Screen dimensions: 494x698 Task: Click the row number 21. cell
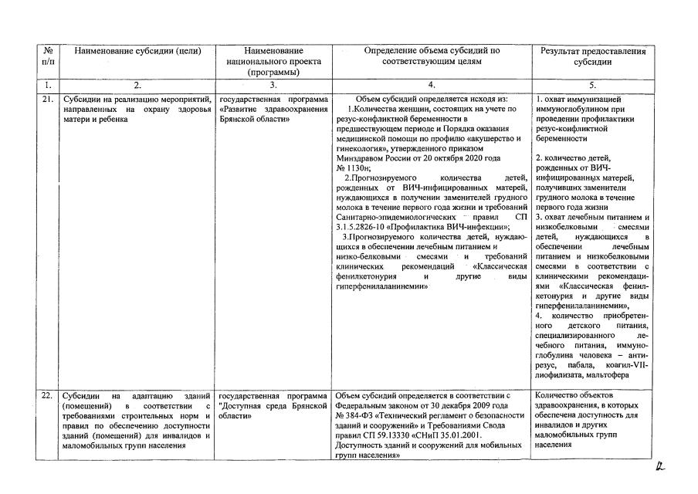(47, 100)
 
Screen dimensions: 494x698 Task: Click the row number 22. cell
(47, 395)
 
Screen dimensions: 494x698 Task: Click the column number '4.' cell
(432, 85)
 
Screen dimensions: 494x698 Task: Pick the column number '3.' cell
(273, 85)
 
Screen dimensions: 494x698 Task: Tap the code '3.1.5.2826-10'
(364, 227)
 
